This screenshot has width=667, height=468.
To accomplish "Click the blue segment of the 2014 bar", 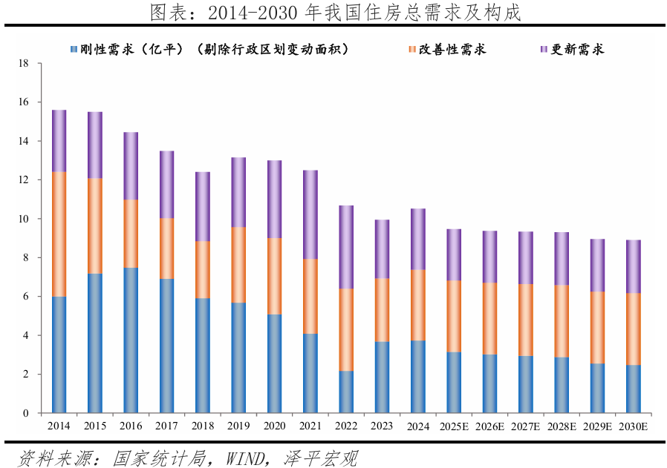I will pyautogui.click(x=59, y=355).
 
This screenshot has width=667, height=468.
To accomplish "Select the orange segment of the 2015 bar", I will pyautogui.click(x=95, y=226).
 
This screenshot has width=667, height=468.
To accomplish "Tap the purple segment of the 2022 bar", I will pyautogui.click(x=347, y=247).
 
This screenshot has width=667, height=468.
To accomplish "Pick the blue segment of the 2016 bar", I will pyautogui.click(x=131, y=340).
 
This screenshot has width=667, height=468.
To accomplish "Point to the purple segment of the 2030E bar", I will pyautogui.click(x=633, y=266).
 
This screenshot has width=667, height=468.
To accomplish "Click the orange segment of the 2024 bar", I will pyautogui.click(x=418, y=305).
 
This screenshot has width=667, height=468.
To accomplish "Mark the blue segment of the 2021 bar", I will pyautogui.click(x=310, y=373).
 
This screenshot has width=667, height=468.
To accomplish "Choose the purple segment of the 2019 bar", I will pyautogui.click(x=238, y=192).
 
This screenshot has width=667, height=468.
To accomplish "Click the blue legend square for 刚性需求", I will pyautogui.click(x=73, y=49).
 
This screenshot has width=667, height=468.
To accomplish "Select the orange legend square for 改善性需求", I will pyautogui.click(x=412, y=49).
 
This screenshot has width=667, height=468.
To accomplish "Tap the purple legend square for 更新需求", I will pyautogui.click(x=543, y=49).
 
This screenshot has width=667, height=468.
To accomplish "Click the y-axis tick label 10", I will pyautogui.click(x=24, y=219).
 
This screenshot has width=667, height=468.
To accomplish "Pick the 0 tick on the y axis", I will pyautogui.click(x=26, y=413).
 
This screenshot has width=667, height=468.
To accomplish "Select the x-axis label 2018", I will pyautogui.click(x=203, y=426).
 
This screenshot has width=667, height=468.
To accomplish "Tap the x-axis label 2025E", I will pyautogui.click(x=454, y=426).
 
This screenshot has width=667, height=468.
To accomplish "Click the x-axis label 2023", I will pyautogui.click(x=383, y=426).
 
